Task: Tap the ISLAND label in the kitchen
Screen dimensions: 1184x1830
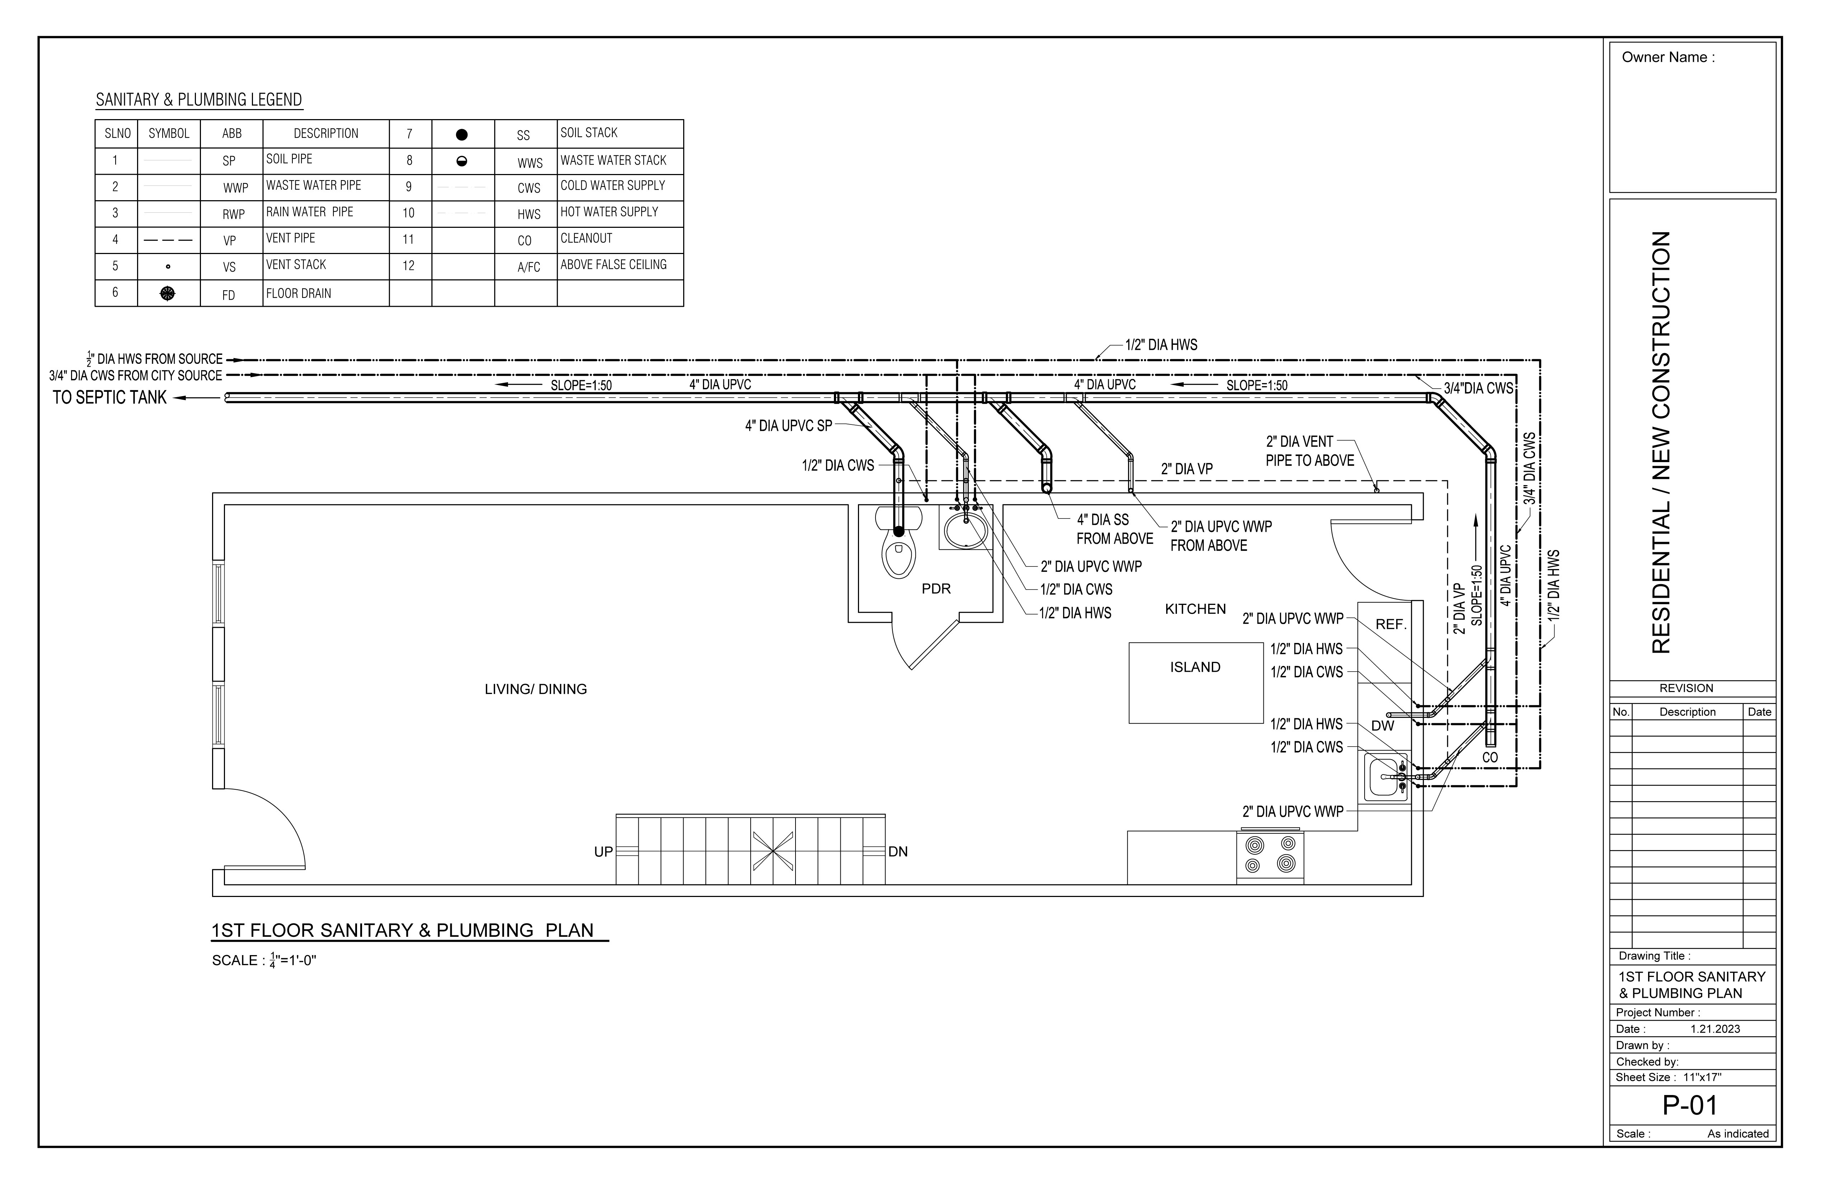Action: click(x=1195, y=667)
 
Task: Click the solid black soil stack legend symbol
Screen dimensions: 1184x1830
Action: click(x=461, y=135)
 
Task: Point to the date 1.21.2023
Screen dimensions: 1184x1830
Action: click(x=1715, y=1029)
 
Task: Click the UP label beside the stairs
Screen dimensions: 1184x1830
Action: click(x=603, y=852)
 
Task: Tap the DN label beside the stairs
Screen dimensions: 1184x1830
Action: click(x=897, y=852)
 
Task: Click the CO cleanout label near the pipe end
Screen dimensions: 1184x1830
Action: click(x=1489, y=757)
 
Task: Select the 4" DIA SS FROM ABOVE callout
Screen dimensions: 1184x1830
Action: click(x=1113, y=529)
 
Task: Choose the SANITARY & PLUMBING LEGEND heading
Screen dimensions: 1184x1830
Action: click(x=198, y=100)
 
